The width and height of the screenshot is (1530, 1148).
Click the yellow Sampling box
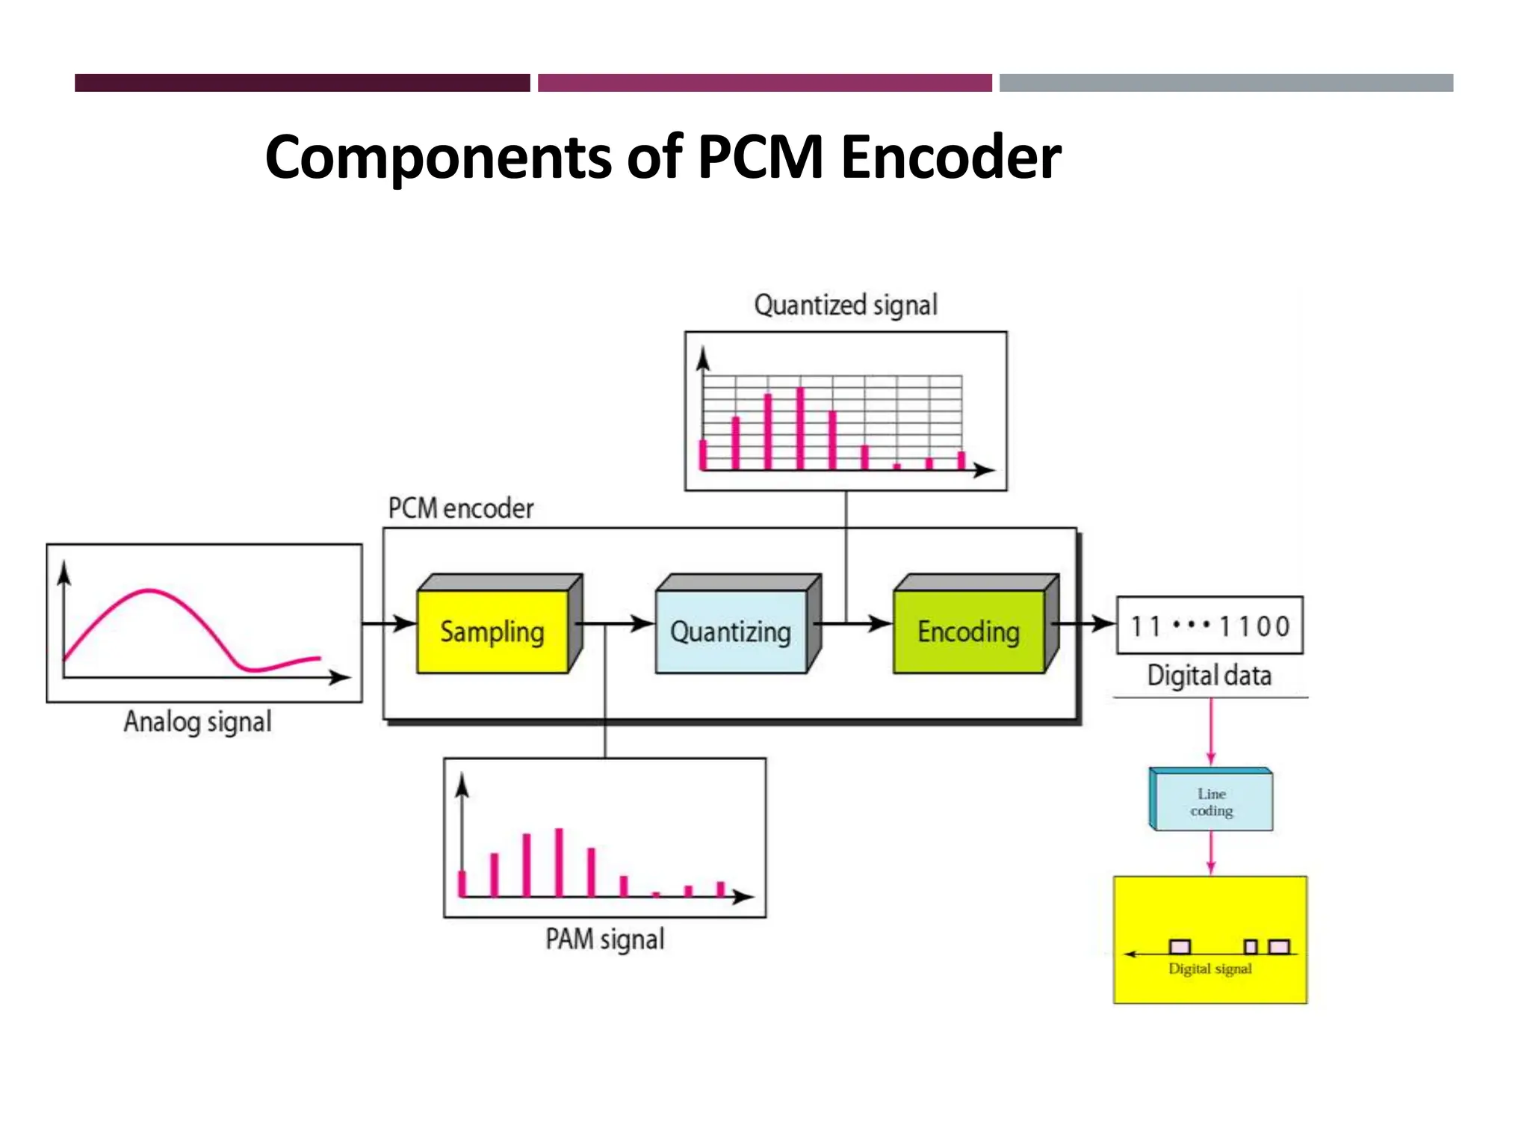(x=492, y=632)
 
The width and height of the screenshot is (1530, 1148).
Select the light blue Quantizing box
(x=731, y=632)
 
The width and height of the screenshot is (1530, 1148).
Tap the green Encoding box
(x=968, y=632)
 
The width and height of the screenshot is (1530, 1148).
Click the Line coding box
(x=1211, y=802)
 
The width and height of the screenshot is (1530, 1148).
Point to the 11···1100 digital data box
(x=1210, y=626)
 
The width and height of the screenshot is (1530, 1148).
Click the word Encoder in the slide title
(x=950, y=157)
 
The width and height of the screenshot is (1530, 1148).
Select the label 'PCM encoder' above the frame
(x=461, y=508)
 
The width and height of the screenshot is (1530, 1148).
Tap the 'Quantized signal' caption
(x=846, y=305)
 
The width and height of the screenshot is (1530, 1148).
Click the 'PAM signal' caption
(x=604, y=939)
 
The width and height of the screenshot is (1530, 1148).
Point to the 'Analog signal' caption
(x=197, y=722)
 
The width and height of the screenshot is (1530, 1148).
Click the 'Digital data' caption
(x=1210, y=676)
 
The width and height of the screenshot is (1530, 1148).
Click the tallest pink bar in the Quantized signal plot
(x=800, y=428)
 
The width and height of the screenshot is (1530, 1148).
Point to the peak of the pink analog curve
(x=149, y=591)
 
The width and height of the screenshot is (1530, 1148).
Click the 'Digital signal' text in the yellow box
(x=1210, y=969)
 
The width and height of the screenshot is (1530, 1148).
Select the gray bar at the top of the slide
(x=1226, y=83)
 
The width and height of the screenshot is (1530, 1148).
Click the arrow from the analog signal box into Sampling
(x=388, y=623)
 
